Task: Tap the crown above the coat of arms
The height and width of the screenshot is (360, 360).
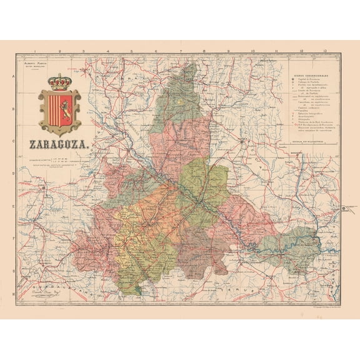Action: (60, 82)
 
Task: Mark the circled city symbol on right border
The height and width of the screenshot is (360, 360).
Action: (343, 210)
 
